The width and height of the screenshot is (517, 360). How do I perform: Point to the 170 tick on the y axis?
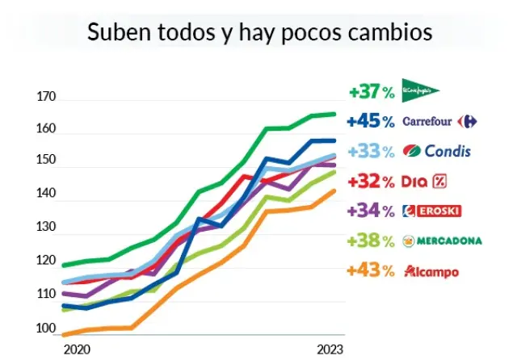pyautogui.click(x=47, y=98)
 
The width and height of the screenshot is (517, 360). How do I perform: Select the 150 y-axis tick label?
pyautogui.click(x=47, y=162)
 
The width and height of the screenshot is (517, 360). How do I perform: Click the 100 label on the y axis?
pyautogui.click(x=47, y=330)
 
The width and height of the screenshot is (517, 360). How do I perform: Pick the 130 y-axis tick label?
pyautogui.click(x=47, y=228)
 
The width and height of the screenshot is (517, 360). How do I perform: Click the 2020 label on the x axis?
pyautogui.click(x=76, y=350)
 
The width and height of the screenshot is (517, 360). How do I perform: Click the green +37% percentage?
pyautogui.click(x=372, y=91)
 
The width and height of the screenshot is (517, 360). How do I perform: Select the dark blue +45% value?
pyautogui.click(x=372, y=121)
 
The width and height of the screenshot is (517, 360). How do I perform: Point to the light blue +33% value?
pyautogui.click(x=372, y=151)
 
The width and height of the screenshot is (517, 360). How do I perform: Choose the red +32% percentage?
pyautogui.click(x=372, y=181)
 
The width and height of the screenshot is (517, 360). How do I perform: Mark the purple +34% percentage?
pyautogui.click(x=372, y=211)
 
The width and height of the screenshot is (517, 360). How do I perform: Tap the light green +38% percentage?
pyautogui.click(x=372, y=241)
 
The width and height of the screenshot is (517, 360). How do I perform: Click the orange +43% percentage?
pyautogui.click(x=372, y=270)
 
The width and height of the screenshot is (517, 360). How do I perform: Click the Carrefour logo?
pyautogui.click(x=439, y=121)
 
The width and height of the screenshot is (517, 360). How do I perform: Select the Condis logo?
pyautogui.click(x=436, y=151)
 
